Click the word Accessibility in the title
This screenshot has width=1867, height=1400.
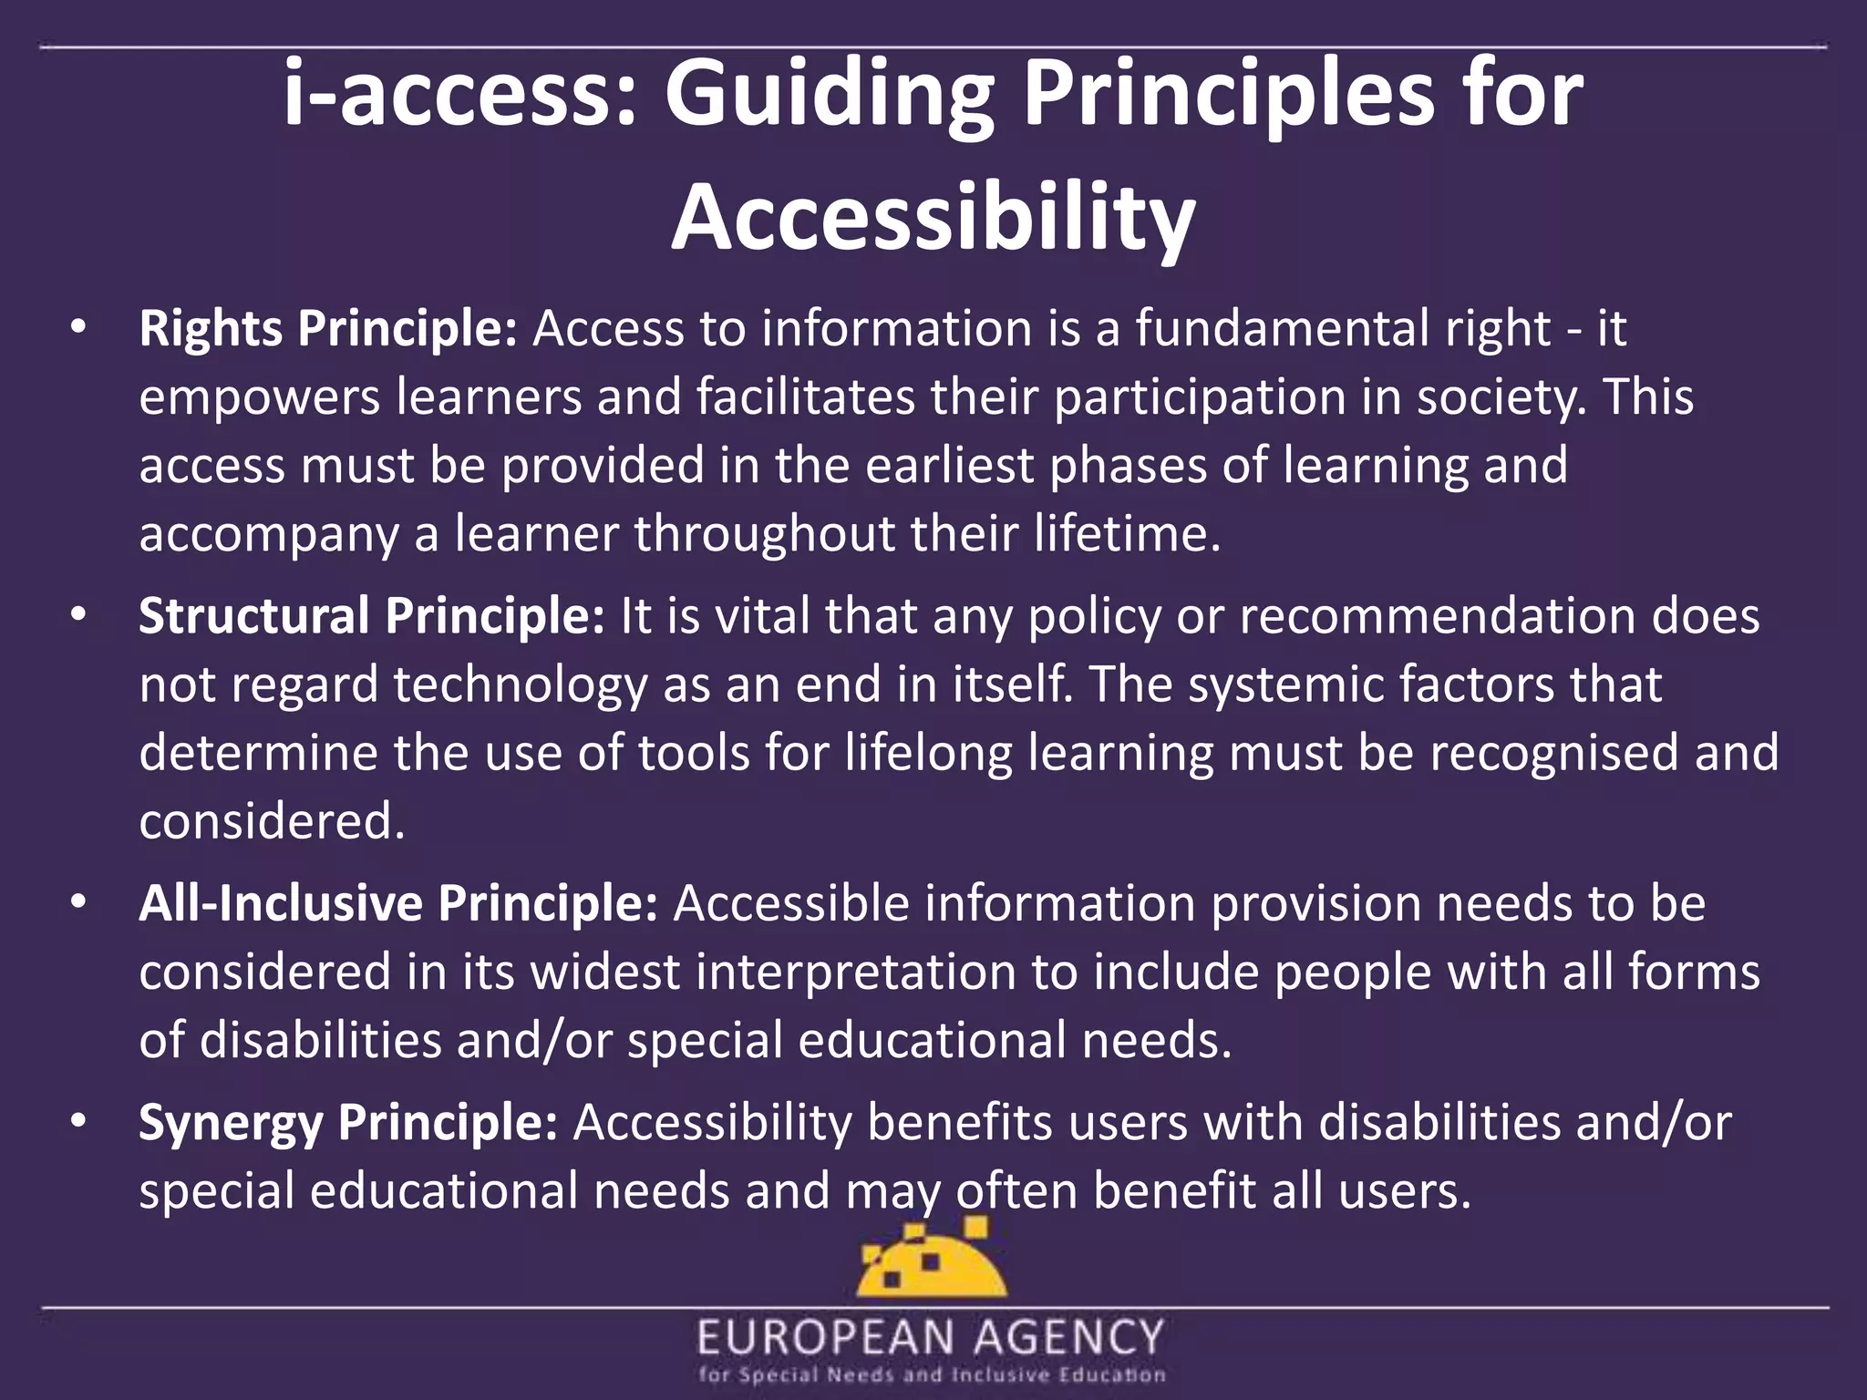click(933, 217)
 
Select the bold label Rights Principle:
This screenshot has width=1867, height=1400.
click(328, 328)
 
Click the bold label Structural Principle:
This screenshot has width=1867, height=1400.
click(371, 615)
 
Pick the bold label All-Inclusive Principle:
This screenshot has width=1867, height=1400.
click(397, 903)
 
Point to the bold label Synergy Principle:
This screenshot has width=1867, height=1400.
click(347, 1122)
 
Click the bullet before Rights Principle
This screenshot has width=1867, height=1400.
click(78, 328)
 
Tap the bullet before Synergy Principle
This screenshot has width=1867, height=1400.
click(78, 1122)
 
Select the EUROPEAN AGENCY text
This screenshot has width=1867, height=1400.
click(932, 1338)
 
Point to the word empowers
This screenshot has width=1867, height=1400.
click(259, 398)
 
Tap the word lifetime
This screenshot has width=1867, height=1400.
click(1127, 534)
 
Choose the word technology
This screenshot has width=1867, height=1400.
click(520, 685)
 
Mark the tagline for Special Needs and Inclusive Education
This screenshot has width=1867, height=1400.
click(932, 1375)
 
